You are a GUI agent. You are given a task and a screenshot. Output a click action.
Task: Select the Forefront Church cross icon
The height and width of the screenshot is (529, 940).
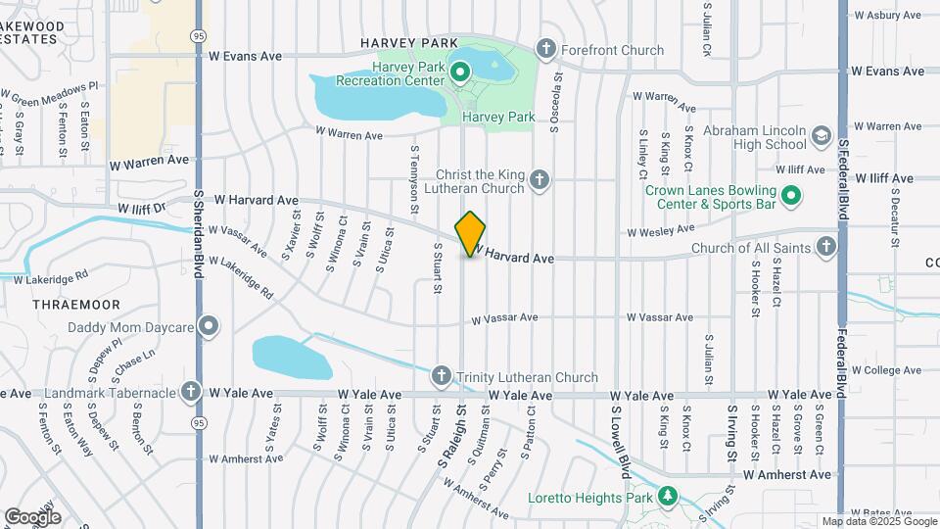[545, 49]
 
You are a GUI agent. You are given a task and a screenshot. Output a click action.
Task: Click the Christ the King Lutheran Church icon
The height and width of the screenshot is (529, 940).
[539, 179]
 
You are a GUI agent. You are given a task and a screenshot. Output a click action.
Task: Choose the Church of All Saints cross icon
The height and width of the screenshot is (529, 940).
[827, 247]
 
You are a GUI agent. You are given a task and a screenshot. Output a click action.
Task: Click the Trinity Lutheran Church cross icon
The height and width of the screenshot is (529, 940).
[441, 376]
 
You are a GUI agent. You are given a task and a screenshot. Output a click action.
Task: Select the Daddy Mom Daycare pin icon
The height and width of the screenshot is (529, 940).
[208, 327]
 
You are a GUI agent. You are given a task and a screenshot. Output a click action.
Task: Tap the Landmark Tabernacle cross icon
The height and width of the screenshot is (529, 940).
[191, 392]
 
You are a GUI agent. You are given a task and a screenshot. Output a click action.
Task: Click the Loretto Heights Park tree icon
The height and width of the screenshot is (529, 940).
[668, 496]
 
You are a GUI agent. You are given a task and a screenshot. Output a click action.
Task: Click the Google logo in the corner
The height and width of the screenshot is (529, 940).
[33, 516]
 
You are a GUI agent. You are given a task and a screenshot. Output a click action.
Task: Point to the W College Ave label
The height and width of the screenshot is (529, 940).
[887, 369]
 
